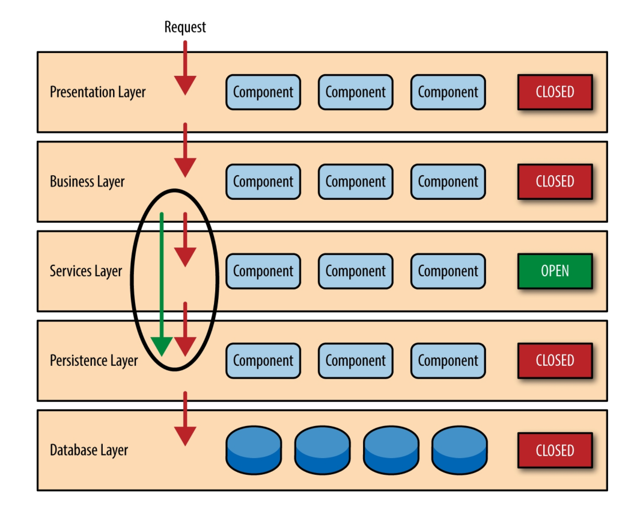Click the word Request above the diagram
pos(185,27)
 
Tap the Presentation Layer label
pos(97,92)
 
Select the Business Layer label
pos(87,182)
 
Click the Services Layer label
pos(86,271)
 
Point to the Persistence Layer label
pos(94,361)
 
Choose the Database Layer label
pos(89,450)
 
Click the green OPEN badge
pos(555,271)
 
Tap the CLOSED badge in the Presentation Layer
pos(555,92)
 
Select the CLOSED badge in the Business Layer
pos(555,182)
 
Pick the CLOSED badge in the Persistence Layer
pos(555,361)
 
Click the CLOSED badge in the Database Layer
pos(555,450)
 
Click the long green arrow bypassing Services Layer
pos(162,283)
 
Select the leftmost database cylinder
pos(254,450)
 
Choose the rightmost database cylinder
pos(459,450)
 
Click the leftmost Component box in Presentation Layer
pos(263,92)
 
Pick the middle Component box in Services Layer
pos(356,271)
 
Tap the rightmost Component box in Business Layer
pos(448,182)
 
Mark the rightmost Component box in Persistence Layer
pos(448,361)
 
